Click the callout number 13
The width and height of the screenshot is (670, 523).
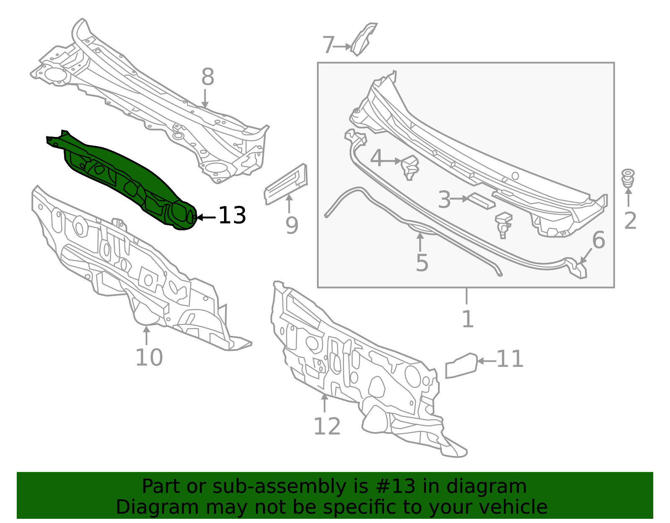click(x=232, y=215)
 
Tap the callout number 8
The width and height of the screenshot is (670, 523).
click(x=208, y=77)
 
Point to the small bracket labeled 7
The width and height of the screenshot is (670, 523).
click(x=364, y=39)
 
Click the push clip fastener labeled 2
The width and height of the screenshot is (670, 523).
click(x=628, y=178)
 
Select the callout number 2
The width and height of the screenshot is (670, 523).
click(x=630, y=221)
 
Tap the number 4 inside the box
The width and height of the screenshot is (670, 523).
click(x=376, y=159)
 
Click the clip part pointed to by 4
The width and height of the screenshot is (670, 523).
click(x=410, y=167)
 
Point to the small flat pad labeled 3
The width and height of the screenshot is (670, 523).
click(x=481, y=201)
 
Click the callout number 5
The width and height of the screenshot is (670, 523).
click(x=422, y=263)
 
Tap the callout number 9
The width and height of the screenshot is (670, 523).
click(x=292, y=226)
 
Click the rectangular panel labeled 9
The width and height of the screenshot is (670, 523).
click(x=286, y=184)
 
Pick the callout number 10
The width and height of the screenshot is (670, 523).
click(x=149, y=358)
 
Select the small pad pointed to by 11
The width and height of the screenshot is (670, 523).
click(x=461, y=366)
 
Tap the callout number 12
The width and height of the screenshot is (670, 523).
click(x=327, y=426)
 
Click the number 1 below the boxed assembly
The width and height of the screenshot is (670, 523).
click(x=468, y=319)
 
